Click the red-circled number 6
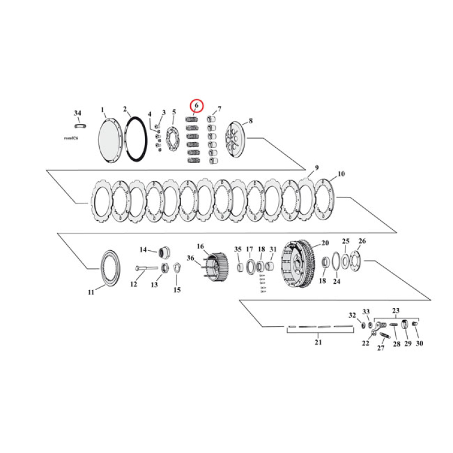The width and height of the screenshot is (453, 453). [x=196, y=106]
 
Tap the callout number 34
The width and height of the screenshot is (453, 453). [x=78, y=113]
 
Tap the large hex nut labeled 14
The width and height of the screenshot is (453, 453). [x=165, y=250]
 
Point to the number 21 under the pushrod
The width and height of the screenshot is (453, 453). [x=318, y=342]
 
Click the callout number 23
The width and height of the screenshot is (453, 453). [x=396, y=310]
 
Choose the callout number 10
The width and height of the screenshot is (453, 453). [x=341, y=174]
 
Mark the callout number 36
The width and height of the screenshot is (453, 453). [x=190, y=259]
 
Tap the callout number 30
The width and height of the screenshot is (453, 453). [x=419, y=343]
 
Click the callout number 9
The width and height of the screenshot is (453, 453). [x=317, y=168]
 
